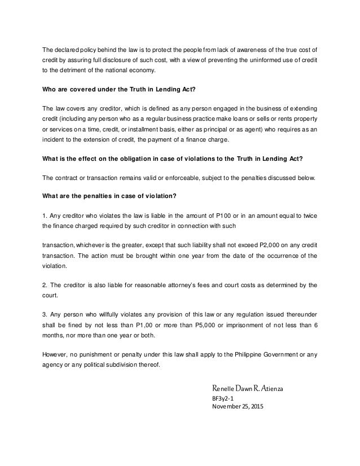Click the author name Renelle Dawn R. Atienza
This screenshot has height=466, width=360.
pos(248,389)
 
